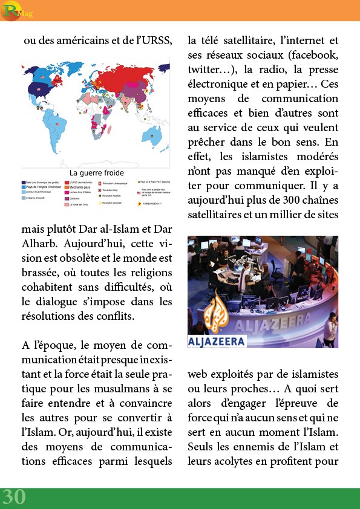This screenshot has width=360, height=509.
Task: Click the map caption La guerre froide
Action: (97, 172)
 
